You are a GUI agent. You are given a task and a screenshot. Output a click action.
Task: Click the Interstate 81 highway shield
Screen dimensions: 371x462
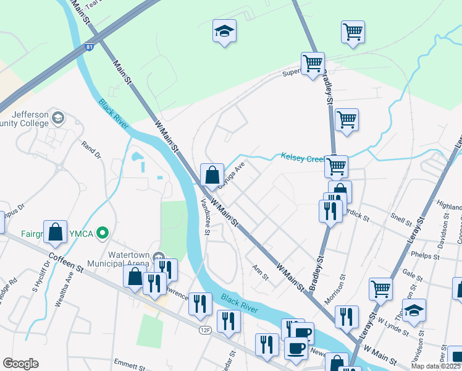coord(90,47)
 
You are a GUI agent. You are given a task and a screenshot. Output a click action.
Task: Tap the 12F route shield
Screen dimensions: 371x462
coord(205,330)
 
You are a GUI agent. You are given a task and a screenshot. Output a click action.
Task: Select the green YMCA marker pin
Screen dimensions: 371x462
coord(103,233)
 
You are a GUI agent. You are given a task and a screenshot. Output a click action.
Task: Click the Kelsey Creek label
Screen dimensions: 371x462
coord(303,158)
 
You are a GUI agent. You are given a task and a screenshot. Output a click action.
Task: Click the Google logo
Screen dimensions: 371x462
coord(20,363)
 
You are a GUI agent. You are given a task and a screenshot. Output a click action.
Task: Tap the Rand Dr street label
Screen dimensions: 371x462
coord(90,148)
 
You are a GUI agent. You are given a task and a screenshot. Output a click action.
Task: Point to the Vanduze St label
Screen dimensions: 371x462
coord(205,213)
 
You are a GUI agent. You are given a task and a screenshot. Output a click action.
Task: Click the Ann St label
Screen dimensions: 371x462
coord(260,271)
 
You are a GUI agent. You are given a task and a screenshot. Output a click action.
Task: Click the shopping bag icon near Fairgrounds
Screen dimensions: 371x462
coord(55,232)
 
